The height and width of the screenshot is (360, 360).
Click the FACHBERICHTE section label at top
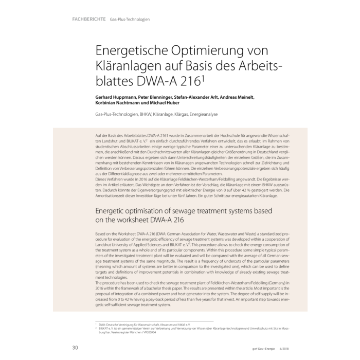[85, 20]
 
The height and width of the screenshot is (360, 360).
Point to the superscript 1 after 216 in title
[205, 78]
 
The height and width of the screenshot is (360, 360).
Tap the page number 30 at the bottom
[75, 348]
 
